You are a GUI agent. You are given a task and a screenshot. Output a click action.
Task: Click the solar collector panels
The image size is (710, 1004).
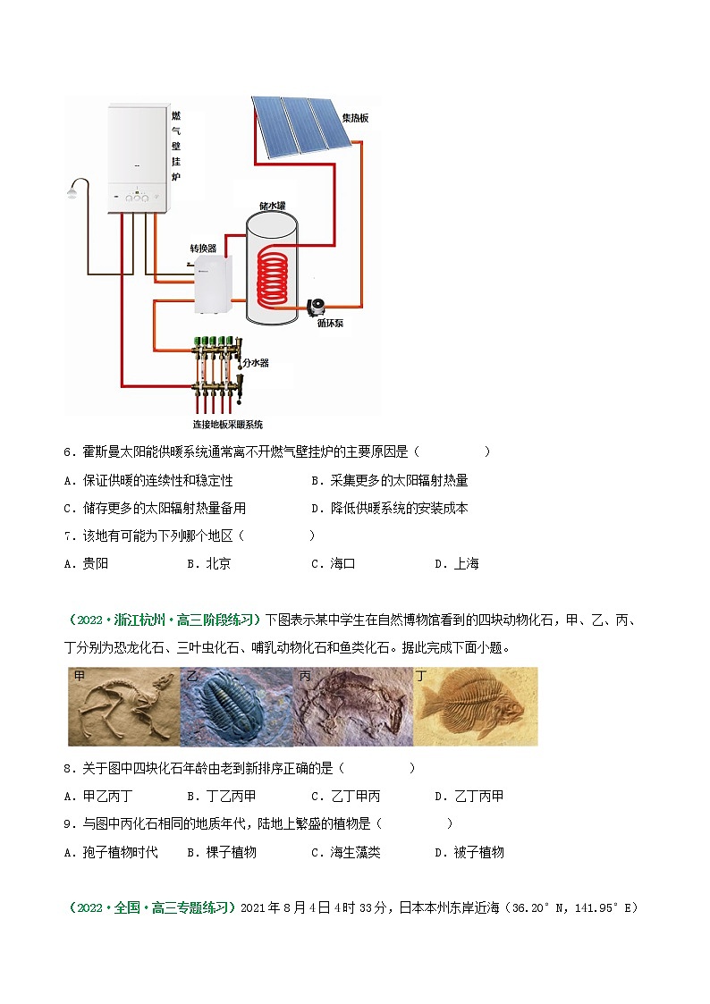(300, 125)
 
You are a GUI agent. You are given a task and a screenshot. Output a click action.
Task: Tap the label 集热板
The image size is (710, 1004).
(355, 118)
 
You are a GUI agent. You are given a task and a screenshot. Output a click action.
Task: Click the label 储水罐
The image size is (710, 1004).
(272, 206)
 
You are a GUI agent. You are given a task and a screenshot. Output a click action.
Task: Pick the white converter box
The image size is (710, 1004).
(213, 284)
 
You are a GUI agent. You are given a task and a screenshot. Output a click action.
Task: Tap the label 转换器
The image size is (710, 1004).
(203, 248)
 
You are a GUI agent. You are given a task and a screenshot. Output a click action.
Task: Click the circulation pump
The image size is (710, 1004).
(317, 308)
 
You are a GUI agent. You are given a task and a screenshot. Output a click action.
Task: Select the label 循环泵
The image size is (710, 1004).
(330, 324)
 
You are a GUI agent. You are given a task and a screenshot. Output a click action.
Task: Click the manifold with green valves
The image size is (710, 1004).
(217, 371)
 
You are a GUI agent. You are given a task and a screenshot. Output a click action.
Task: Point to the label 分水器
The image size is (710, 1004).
(256, 362)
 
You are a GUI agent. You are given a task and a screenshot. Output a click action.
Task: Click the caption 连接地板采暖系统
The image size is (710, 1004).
(228, 424)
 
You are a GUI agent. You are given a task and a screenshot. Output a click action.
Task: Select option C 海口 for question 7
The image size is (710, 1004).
(333, 563)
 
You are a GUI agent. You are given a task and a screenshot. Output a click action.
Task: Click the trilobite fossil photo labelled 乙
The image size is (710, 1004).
(236, 706)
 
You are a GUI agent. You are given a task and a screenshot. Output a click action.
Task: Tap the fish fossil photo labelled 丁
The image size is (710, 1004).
(476, 706)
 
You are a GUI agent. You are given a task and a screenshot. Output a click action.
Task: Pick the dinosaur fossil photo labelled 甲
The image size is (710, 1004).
(124, 706)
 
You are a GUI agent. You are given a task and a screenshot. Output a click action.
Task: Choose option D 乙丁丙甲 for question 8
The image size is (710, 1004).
(469, 796)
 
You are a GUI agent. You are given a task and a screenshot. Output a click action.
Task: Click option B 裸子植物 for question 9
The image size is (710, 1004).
(222, 852)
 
